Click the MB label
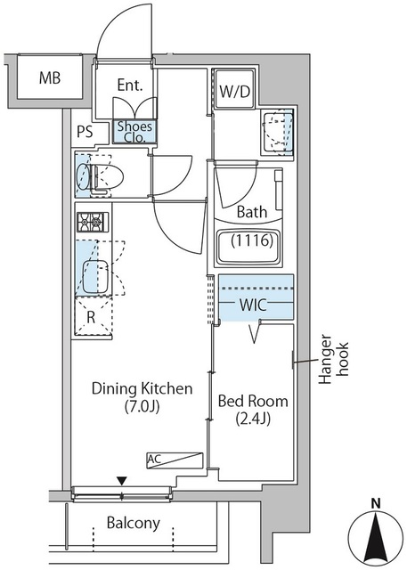point(50,78)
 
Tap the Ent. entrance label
point(130,85)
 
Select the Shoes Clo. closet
point(134,131)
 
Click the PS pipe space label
point(85,132)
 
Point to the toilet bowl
point(101,176)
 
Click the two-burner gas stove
point(93,222)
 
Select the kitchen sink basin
point(95,276)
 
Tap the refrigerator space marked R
point(93,317)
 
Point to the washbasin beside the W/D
point(278,133)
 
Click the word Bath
point(252,212)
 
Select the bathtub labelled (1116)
point(249,247)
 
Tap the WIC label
point(253,305)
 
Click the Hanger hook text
point(334,359)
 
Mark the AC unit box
point(175,460)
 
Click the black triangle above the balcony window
point(123,481)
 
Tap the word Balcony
point(134,523)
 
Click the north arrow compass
point(376,537)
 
